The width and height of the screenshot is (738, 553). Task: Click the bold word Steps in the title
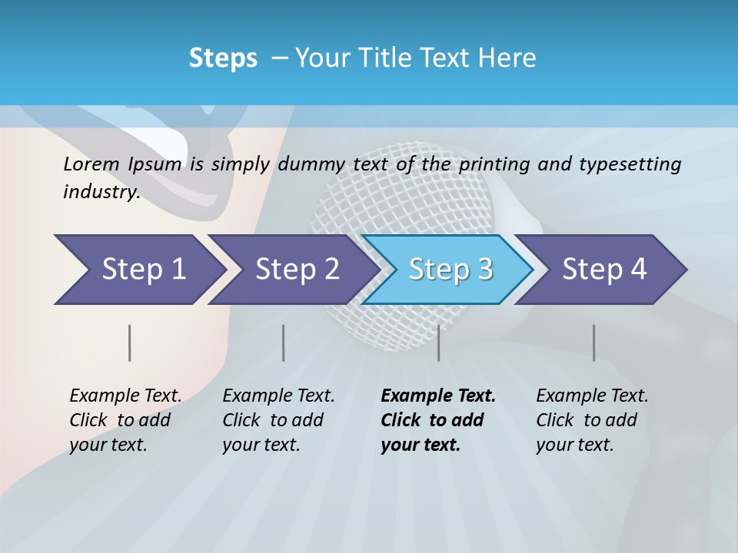click(223, 58)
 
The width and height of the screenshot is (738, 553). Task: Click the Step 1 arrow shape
click(138, 270)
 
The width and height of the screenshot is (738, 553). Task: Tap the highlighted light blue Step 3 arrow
click(449, 270)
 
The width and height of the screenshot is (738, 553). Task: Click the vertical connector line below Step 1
click(130, 343)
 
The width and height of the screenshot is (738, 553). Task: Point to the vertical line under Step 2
click(284, 343)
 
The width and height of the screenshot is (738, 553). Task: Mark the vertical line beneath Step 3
click(438, 343)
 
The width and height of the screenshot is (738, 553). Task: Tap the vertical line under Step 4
click(593, 343)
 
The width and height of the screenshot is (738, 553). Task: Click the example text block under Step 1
click(125, 420)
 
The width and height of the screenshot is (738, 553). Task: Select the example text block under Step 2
click(278, 420)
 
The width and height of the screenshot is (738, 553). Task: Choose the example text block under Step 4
click(592, 420)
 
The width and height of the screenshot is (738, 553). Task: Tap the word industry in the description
click(101, 192)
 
